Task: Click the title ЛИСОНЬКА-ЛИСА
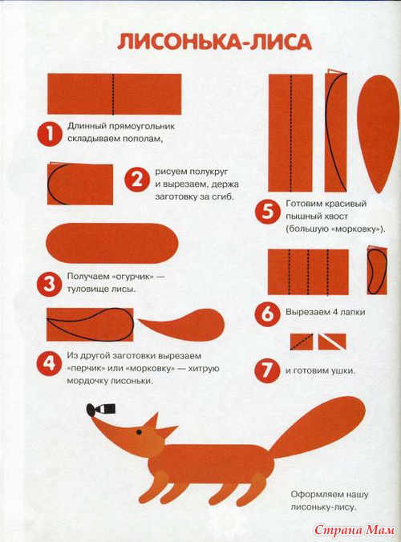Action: (214, 42)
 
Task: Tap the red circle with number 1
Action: (50, 134)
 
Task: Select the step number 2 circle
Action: (137, 180)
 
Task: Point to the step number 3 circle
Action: (50, 284)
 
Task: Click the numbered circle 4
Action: (50, 363)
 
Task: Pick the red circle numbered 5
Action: (267, 212)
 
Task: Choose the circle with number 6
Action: (267, 313)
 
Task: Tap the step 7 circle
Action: (267, 370)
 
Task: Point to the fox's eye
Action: (139, 432)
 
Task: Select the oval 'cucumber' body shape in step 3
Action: (112, 244)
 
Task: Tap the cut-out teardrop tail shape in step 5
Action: (378, 134)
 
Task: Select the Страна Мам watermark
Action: (354, 529)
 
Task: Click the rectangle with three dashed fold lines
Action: (308, 272)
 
